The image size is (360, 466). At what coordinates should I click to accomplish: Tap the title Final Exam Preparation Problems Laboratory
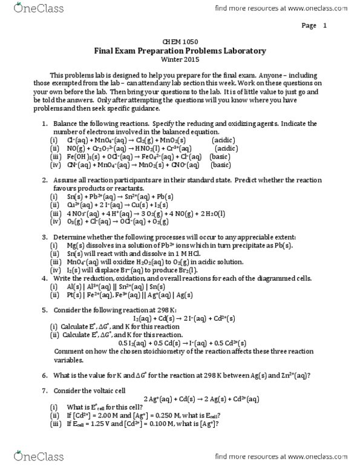pos(180,52)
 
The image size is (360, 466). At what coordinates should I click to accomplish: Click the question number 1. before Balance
pos(45,123)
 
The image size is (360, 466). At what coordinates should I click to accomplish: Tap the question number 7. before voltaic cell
pos(45,390)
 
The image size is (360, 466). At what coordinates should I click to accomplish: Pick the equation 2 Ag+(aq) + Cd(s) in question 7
pos(202,398)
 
